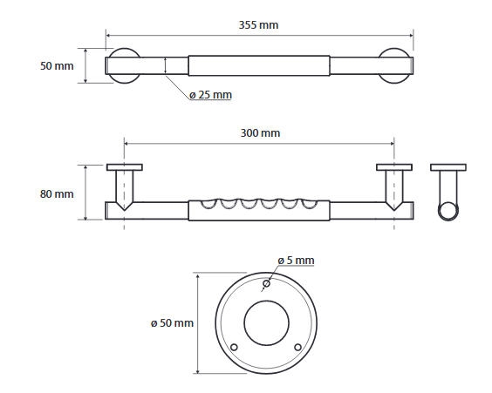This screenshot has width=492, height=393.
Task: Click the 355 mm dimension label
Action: tap(258, 25)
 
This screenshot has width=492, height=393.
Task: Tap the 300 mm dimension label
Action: tap(260, 133)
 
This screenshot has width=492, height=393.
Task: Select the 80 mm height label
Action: tap(57, 194)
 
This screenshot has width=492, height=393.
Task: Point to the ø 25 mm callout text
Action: tap(210, 95)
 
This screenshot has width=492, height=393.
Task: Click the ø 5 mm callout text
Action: tap(296, 261)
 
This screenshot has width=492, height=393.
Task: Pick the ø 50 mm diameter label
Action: tap(172, 323)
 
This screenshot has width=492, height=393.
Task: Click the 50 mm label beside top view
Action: tap(57, 66)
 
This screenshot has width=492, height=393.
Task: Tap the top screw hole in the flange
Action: tap(266, 283)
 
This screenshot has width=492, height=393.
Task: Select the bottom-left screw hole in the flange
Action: tap(234, 347)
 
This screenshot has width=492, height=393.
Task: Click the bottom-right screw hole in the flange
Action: tap(298, 347)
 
